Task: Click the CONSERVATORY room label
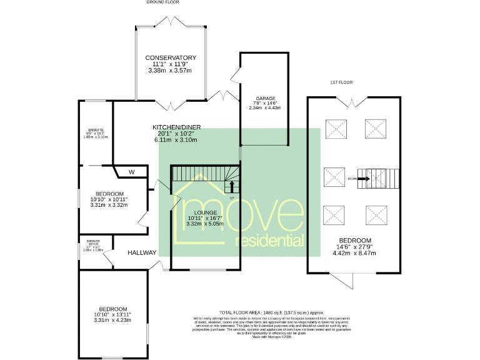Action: point(171,57)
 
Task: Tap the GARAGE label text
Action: point(264,98)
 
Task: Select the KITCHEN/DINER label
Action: point(177,127)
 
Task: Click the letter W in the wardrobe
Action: point(131,172)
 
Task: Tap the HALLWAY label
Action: point(142,253)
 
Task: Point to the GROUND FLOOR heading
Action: point(164,2)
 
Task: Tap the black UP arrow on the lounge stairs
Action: point(232,186)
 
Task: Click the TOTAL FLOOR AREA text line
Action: point(272,312)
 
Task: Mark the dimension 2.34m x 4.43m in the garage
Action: point(264,107)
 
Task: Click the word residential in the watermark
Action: point(269,241)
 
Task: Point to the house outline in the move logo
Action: point(199,206)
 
